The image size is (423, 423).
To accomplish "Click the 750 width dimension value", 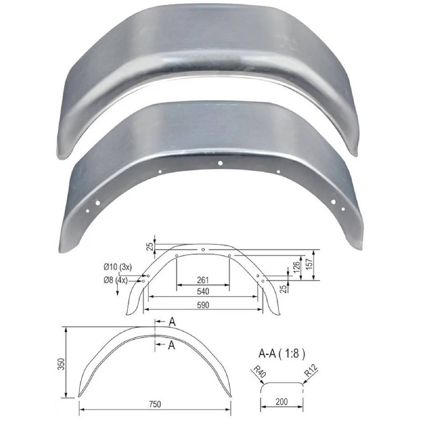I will (x=155, y=404).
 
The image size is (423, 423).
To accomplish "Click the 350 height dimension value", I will (x=62, y=364).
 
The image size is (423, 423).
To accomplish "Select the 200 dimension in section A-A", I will (x=281, y=402).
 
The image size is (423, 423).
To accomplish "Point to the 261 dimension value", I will (x=203, y=280).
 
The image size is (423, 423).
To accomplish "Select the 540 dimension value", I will (x=203, y=291).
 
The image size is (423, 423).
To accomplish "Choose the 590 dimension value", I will (x=203, y=305).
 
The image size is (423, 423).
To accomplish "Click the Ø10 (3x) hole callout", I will (x=118, y=267).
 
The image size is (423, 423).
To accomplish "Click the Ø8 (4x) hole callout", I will (x=116, y=280).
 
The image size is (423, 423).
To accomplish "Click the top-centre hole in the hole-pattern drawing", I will (x=203, y=250).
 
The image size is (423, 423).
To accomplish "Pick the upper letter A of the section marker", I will (x=172, y=322).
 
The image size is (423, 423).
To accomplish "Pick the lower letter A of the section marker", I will (x=171, y=345).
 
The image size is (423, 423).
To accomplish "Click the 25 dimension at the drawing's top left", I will (x=151, y=246).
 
